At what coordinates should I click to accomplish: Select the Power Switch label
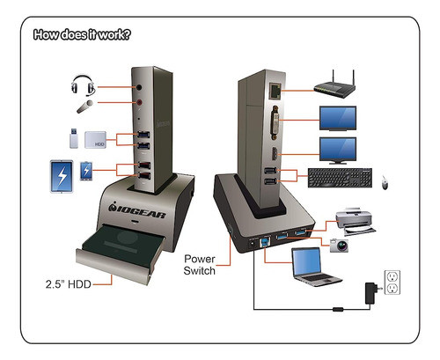tap(205, 266)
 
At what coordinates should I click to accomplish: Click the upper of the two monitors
tap(337, 118)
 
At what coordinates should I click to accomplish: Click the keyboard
tap(339, 177)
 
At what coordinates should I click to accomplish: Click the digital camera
tap(339, 244)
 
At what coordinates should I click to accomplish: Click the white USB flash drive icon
tap(72, 138)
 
